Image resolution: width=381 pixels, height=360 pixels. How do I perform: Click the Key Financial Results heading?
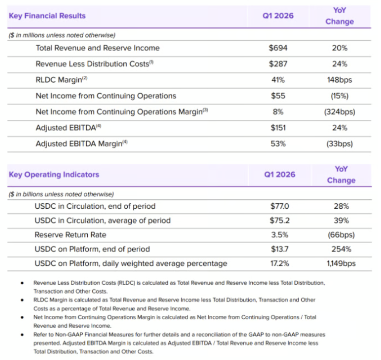click(x=47, y=16)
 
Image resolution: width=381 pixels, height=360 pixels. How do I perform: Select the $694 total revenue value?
click(x=278, y=48)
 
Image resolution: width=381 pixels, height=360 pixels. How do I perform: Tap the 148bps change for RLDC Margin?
click(x=339, y=80)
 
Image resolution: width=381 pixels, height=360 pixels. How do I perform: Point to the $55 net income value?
click(x=278, y=96)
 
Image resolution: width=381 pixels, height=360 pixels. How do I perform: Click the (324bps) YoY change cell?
click(x=339, y=112)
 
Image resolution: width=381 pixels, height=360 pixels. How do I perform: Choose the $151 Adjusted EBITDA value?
click(x=278, y=128)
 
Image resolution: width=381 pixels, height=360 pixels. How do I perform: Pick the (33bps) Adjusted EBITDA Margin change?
click(x=339, y=144)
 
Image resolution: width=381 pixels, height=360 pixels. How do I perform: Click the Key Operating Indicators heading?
click(x=54, y=175)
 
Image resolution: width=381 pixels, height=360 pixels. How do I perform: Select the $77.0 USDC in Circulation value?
click(x=279, y=206)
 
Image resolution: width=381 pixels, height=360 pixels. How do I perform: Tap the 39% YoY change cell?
click(x=341, y=220)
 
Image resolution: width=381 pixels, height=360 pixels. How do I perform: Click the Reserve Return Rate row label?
click(x=70, y=235)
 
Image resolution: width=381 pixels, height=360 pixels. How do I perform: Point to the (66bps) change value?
click(x=341, y=235)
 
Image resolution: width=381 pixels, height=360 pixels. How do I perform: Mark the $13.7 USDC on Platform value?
click(x=279, y=249)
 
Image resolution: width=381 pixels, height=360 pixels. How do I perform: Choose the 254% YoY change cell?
click(x=341, y=249)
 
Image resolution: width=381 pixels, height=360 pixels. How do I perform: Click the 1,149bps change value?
click(x=341, y=263)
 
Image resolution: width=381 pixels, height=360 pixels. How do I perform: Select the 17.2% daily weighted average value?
click(x=279, y=263)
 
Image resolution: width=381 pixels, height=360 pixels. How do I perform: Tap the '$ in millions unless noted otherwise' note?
click(x=62, y=35)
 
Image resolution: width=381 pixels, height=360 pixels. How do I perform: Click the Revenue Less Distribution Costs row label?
click(x=95, y=64)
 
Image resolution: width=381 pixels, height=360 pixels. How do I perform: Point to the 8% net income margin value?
click(x=278, y=112)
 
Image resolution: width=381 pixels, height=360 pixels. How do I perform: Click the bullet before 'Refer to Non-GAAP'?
click(x=22, y=335)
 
